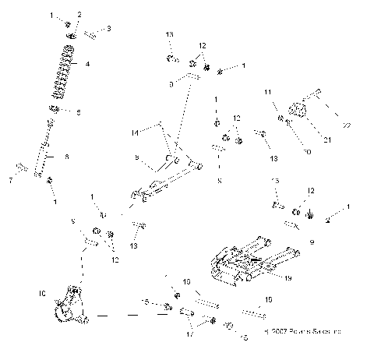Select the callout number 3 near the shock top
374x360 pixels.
click(108, 29)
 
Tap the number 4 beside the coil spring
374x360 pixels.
click(86, 65)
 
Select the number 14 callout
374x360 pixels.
click(135, 133)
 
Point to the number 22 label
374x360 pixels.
click(347, 125)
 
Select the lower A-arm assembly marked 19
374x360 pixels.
click(249, 261)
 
